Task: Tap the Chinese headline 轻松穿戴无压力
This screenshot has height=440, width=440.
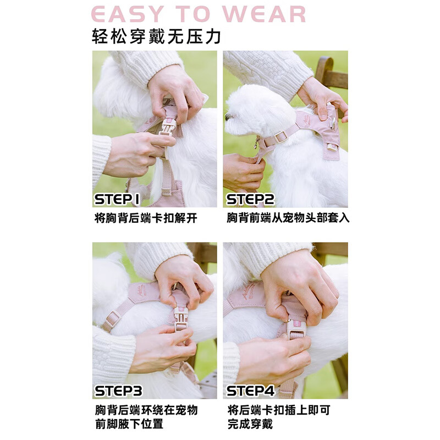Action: pos(157,37)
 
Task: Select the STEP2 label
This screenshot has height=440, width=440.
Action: pos(251,199)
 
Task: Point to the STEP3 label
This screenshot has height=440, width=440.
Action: pos(119,391)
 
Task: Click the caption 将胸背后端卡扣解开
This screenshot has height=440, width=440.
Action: pos(146,218)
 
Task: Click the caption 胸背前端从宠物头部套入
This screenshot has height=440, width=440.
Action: pos(288,218)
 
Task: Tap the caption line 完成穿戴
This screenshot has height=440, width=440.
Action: pos(250,424)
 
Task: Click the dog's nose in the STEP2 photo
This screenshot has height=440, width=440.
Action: pos(227,117)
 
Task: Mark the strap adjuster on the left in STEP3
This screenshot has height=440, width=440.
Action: pos(113,318)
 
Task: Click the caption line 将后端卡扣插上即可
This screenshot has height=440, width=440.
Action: pos(279,410)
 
